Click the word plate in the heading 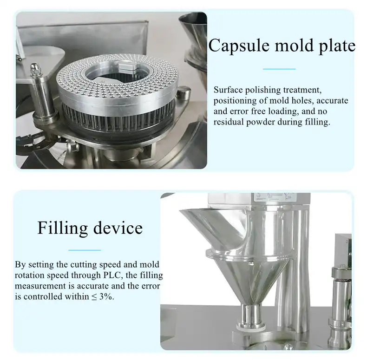pos(335,46)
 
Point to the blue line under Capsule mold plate pos(279,69)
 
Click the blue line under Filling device pos(85,250)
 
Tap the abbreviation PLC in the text pos(124,275)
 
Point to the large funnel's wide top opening pos(209,215)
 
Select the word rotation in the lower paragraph pos(29,275)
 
